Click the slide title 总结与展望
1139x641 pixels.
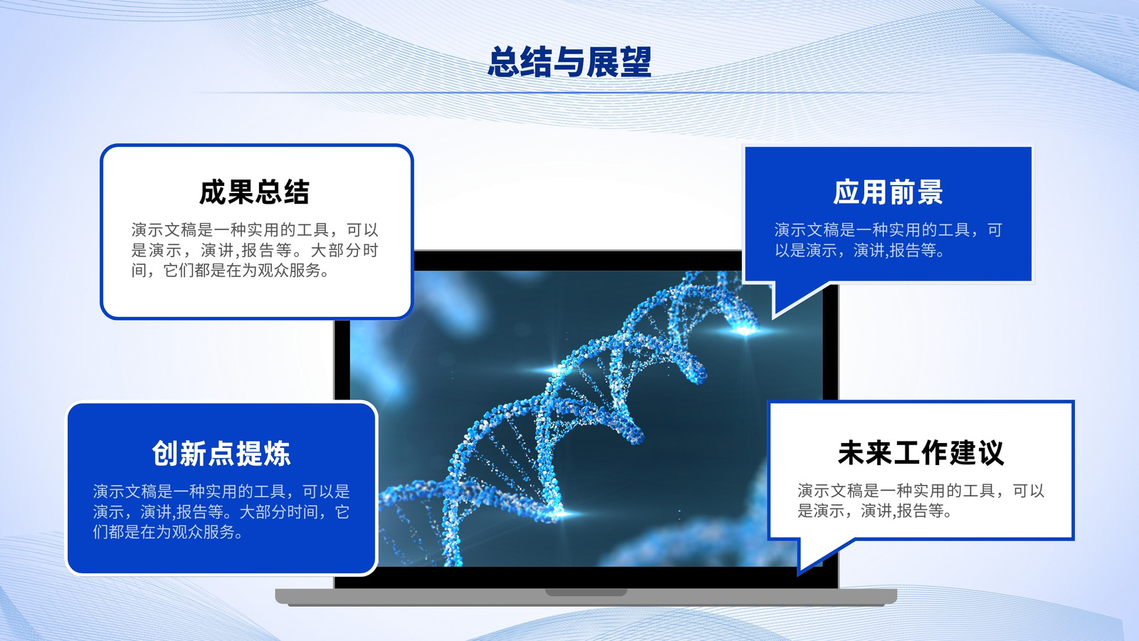tap(569, 62)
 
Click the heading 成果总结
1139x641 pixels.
tap(254, 192)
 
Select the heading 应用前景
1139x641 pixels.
tap(888, 192)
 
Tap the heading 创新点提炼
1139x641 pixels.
tap(221, 453)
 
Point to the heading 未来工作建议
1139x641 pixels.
tap(921, 453)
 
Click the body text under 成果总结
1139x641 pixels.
tap(255, 250)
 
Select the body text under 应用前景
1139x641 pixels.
tap(888, 240)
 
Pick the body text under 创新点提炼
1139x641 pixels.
tap(221, 512)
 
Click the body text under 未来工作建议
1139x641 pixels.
tap(921, 501)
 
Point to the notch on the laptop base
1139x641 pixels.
tap(586, 593)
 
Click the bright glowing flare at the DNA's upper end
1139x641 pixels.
tap(745, 330)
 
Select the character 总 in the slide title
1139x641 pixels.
tap(503, 62)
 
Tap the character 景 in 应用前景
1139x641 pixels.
tap(930, 192)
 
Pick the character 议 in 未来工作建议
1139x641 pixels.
tap(991, 453)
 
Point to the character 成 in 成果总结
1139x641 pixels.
tap(213, 192)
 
